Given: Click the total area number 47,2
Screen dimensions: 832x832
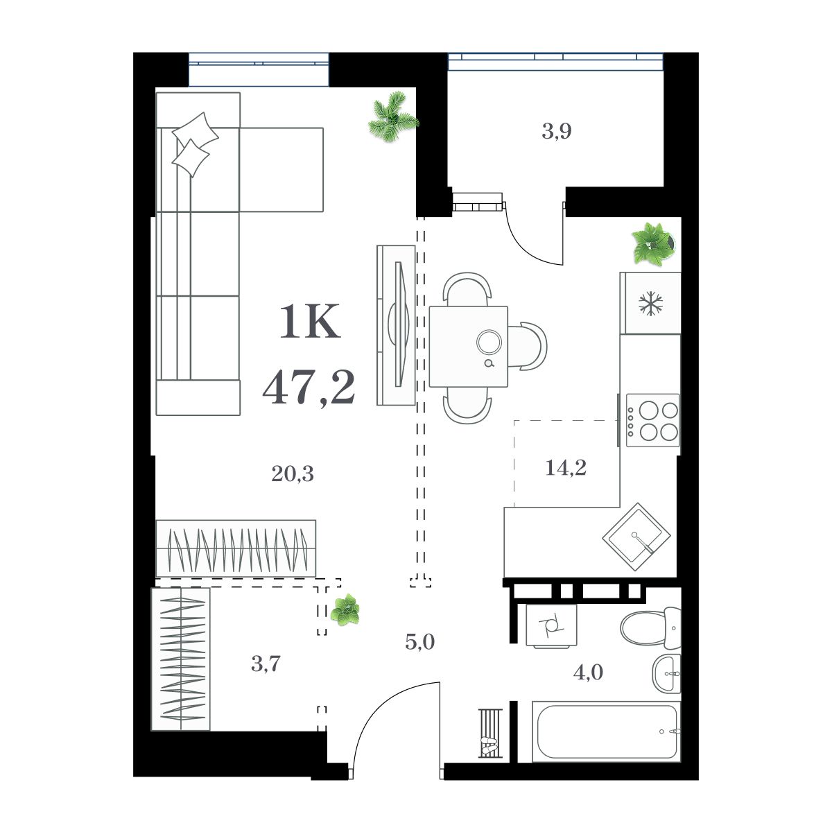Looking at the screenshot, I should click(x=309, y=387).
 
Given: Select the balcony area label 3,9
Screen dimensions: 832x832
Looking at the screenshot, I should click(x=556, y=131).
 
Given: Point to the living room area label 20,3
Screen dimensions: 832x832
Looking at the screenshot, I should click(x=292, y=474).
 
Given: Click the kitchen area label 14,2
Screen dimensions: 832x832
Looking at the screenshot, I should click(x=566, y=468).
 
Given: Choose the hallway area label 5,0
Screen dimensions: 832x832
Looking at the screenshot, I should click(x=419, y=642).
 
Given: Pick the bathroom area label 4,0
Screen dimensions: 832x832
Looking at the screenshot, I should click(x=588, y=672).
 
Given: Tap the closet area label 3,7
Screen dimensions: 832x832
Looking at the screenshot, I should click(x=266, y=665).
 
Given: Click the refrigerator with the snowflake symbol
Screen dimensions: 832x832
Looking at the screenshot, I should click(x=650, y=303).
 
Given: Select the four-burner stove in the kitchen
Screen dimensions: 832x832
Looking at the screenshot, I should click(x=652, y=420).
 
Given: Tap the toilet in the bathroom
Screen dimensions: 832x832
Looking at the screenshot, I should click(x=649, y=626).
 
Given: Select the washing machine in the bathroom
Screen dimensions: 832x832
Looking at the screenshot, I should click(x=551, y=625).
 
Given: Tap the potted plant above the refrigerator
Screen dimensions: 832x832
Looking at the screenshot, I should click(x=652, y=243).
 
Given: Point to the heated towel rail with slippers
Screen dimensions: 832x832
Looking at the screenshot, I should click(x=489, y=734).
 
